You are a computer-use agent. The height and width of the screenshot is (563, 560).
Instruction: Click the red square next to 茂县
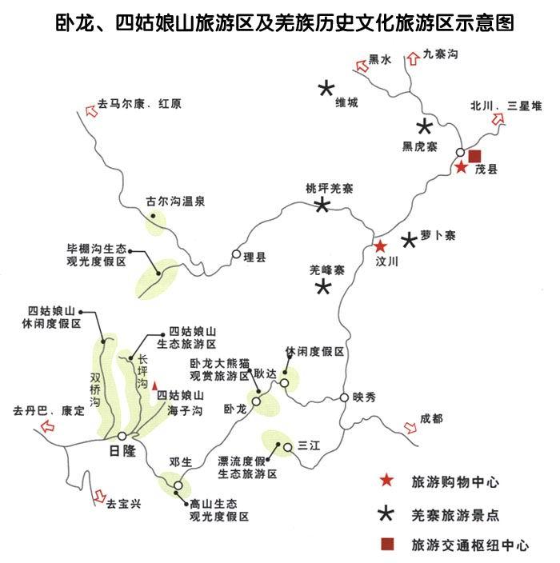click(475, 155)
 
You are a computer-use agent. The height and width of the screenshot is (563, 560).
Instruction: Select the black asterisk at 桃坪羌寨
click(322, 206)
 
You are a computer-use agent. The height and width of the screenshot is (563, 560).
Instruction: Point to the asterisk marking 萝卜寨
click(409, 239)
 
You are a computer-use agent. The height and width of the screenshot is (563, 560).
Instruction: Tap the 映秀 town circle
click(344, 397)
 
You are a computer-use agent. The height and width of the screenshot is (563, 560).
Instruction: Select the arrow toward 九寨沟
click(414, 57)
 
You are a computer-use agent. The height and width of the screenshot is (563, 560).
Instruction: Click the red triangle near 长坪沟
click(155, 385)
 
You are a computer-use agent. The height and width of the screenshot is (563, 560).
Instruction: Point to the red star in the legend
click(386, 481)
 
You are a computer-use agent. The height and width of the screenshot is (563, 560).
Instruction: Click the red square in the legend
click(387, 545)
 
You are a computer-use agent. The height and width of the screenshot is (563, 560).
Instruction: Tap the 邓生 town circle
click(178, 485)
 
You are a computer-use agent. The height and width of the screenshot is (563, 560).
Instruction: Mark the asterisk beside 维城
click(326, 89)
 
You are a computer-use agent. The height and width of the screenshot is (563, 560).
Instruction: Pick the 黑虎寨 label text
click(419, 146)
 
